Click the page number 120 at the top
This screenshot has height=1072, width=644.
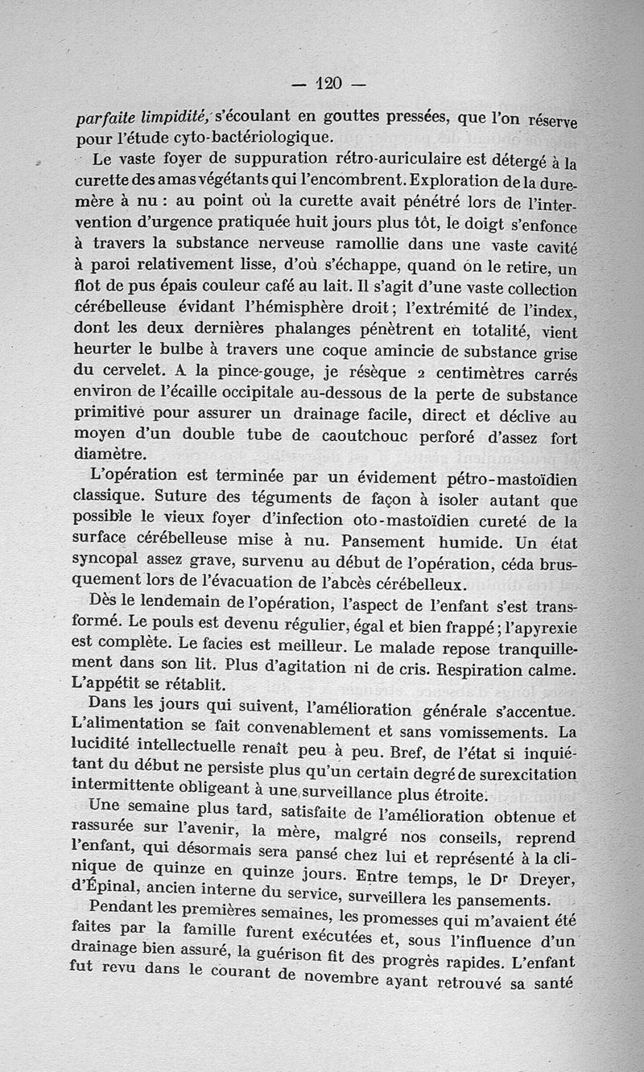329,82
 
